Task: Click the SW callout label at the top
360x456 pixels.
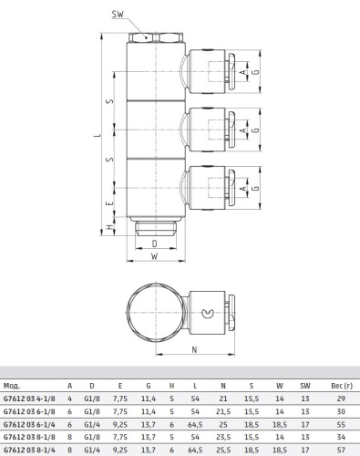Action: tap(118, 14)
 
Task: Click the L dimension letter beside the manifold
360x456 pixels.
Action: tap(98, 134)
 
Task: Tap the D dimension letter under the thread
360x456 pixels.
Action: tap(155, 244)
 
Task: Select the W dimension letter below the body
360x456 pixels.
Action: tap(155, 256)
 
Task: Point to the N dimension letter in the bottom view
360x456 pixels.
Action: tap(195, 349)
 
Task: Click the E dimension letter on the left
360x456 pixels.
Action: tap(110, 202)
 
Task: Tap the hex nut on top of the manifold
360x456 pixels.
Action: tap(156, 37)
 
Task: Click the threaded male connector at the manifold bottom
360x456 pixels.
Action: tap(156, 229)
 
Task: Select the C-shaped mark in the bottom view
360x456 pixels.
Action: tap(208, 313)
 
